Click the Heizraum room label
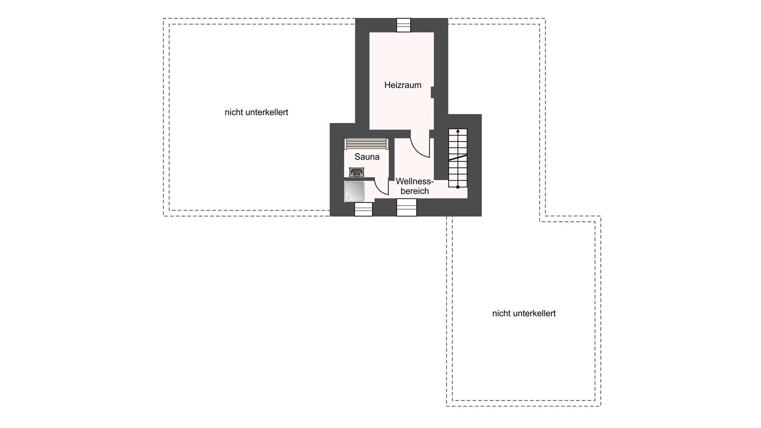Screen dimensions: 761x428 pyautogui.click(x=403, y=85)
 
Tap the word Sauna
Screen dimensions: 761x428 pyautogui.click(x=367, y=157)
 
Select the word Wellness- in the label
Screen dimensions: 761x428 pyautogui.click(x=415, y=182)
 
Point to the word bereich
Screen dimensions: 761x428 pyautogui.click(x=415, y=191)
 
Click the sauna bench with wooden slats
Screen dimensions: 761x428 pyautogui.click(x=366, y=143)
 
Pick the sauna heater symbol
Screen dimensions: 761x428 pyautogui.click(x=356, y=172)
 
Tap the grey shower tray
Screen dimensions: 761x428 pyautogui.click(x=354, y=191)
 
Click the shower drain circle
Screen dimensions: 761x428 pyautogui.click(x=348, y=198)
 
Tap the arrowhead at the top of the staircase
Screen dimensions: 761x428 pyautogui.click(x=458, y=131)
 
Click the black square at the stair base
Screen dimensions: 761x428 pyautogui.click(x=458, y=187)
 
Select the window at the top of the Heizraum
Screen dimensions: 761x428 pyautogui.click(x=404, y=25)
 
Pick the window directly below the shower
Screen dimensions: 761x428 pyautogui.click(x=363, y=209)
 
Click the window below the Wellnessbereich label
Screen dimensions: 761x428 pyautogui.click(x=407, y=207)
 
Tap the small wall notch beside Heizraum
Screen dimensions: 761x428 pyautogui.click(x=432, y=92)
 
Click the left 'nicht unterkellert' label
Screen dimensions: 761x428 pyautogui.click(x=256, y=113)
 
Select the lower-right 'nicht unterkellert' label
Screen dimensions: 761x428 pyautogui.click(x=524, y=313)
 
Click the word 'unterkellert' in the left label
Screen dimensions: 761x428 pyautogui.click(x=267, y=113)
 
